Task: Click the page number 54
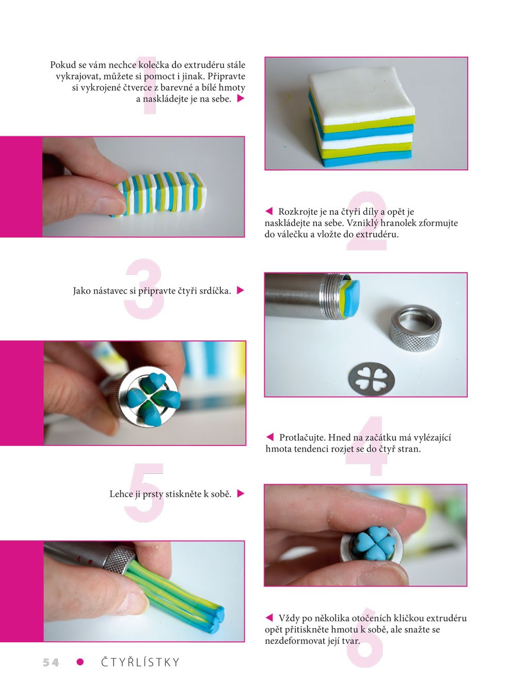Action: [51, 662]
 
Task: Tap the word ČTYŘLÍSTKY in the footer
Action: [140, 662]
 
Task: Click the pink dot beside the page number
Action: [80, 662]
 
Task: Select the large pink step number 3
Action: [144, 289]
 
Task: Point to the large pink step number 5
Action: [145, 492]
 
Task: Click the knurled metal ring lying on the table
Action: [416, 328]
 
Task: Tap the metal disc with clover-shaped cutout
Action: [372, 379]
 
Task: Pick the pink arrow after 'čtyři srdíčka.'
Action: [241, 290]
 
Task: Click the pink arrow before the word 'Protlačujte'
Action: [270, 437]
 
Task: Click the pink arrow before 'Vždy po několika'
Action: [269, 617]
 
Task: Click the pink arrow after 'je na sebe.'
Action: [241, 99]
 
